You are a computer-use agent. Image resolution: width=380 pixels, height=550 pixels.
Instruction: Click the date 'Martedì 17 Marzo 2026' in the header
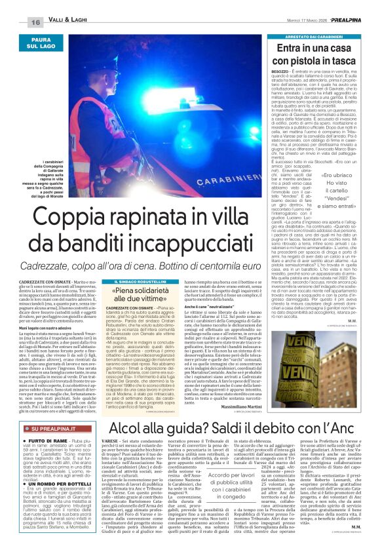(308, 22)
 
